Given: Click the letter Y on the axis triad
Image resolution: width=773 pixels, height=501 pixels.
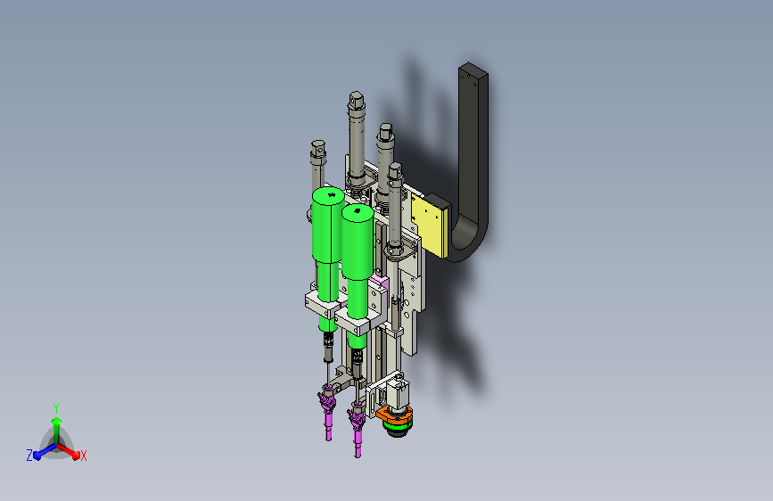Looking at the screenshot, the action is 56,407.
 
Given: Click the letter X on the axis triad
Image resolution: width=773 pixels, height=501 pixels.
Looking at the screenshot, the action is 83,456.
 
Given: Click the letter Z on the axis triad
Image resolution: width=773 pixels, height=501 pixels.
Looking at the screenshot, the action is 29,456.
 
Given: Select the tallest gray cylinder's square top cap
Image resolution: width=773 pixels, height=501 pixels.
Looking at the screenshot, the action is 356,100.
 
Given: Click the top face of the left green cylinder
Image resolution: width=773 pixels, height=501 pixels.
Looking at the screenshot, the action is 328,195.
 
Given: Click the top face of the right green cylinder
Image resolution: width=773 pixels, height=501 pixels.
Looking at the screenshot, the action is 358,212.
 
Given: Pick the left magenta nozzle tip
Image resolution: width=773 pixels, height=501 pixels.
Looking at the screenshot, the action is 328,433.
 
